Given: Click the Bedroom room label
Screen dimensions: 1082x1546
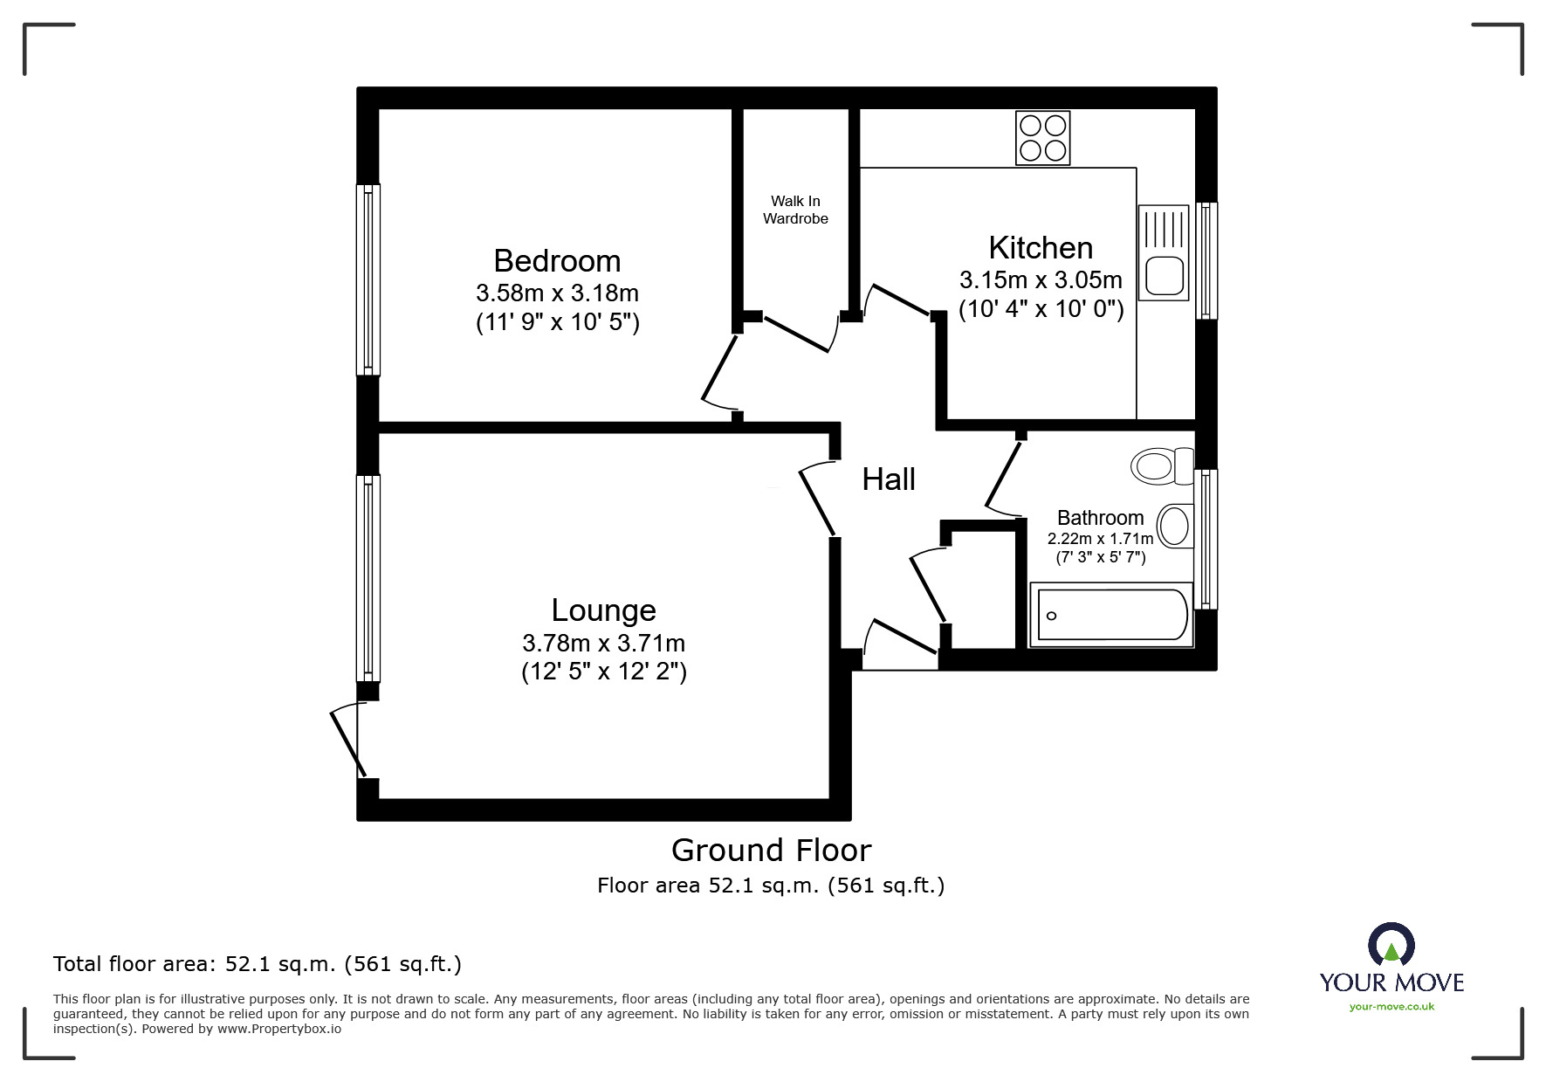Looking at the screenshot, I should click(557, 261).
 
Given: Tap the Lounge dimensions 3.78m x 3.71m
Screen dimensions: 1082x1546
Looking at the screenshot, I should click(603, 644).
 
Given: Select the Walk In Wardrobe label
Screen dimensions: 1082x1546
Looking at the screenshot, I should click(795, 210).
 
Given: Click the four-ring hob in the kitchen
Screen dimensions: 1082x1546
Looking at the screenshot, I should click(1042, 138).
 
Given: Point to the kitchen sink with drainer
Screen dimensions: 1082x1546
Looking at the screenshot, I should click(1163, 252).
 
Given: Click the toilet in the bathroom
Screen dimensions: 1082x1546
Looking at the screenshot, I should click(1161, 465).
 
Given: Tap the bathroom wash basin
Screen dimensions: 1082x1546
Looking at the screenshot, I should click(1175, 526).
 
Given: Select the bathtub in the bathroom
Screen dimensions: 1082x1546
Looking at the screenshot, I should click(1110, 615).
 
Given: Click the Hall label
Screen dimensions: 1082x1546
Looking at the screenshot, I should click(889, 479).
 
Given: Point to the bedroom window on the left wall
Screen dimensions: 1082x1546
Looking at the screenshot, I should click(368, 279).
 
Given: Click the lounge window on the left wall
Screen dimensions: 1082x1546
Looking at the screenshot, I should click(368, 578).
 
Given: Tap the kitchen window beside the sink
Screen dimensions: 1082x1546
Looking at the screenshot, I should click(1206, 260).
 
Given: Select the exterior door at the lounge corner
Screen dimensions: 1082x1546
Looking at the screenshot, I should click(347, 741).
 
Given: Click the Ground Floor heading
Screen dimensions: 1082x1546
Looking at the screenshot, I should click(771, 850).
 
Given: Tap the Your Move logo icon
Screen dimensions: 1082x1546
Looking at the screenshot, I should click(1391, 946).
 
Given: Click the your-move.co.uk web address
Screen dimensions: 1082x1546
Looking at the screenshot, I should click(1391, 1007).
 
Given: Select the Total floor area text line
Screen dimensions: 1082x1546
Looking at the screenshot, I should click(258, 964).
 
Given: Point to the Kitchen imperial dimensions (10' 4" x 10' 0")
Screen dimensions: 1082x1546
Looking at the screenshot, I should click(1041, 309).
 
